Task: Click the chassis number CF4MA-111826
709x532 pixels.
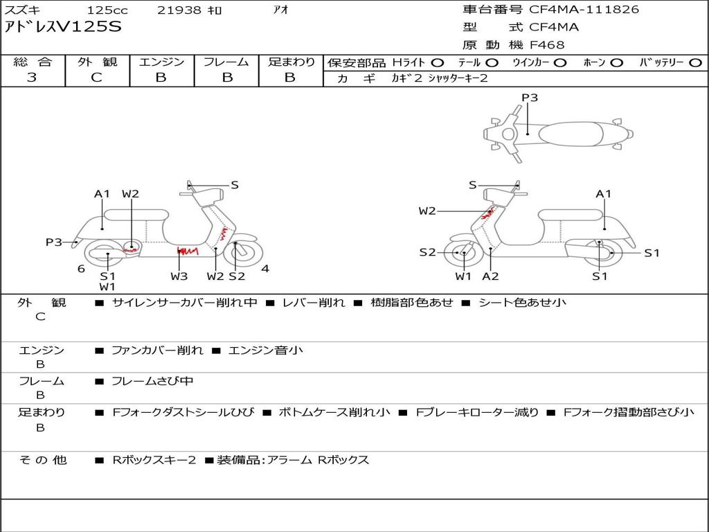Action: click(x=584, y=10)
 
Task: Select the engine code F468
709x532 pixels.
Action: click(x=547, y=45)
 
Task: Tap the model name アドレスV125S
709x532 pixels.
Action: click(x=63, y=27)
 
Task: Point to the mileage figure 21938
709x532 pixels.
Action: click(x=179, y=10)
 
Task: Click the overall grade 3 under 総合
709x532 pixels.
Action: click(x=32, y=78)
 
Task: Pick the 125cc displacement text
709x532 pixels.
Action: click(x=107, y=10)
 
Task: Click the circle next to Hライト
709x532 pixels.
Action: click(x=438, y=63)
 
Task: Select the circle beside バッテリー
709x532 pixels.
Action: click(x=696, y=63)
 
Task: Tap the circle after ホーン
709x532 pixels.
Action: click(x=616, y=63)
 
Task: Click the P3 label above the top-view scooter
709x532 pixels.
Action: click(x=530, y=98)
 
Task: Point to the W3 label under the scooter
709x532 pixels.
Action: click(x=179, y=276)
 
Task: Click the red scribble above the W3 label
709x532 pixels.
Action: click(x=188, y=251)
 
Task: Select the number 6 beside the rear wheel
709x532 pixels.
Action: click(x=82, y=269)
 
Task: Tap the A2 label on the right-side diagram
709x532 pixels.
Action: click(x=490, y=276)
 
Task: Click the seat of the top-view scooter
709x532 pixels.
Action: click(x=571, y=134)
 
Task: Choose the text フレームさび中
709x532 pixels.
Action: click(x=152, y=382)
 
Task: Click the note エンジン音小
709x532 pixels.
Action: click(x=265, y=350)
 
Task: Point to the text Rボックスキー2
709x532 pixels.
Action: click(x=154, y=460)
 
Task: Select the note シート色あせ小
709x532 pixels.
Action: click(x=522, y=303)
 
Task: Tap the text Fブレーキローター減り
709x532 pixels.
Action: click(x=477, y=413)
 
